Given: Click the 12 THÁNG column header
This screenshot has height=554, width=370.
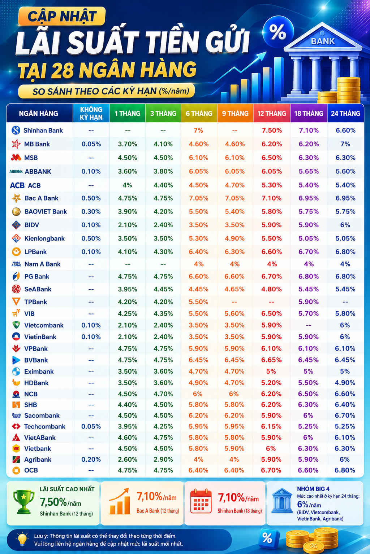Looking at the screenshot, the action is (x=272, y=114).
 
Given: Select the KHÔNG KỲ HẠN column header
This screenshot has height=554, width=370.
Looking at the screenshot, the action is (x=91, y=113).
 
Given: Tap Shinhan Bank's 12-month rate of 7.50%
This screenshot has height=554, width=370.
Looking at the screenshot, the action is (x=272, y=130).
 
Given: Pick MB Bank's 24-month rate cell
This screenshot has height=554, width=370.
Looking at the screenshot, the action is (x=345, y=144).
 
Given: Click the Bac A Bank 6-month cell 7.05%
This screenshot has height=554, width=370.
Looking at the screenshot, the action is (x=198, y=198).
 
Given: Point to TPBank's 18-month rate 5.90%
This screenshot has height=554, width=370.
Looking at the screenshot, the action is (x=309, y=302).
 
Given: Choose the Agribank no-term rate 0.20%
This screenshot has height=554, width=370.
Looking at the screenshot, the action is (x=91, y=459).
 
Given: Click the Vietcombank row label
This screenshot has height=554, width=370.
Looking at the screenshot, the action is (x=44, y=325).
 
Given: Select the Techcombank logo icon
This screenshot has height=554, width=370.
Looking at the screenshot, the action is (x=16, y=426).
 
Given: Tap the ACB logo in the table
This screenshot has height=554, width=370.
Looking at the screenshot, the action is (x=17, y=185).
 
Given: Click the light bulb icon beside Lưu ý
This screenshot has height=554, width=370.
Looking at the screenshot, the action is (x=22, y=539).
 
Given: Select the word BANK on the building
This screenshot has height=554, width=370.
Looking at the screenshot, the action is (x=323, y=41).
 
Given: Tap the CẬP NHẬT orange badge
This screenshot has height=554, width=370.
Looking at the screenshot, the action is (x=62, y=16).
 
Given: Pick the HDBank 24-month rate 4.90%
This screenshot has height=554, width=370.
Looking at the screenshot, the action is (x=345, y=383).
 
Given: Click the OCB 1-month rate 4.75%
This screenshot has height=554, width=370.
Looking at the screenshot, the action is (x=128, y=470).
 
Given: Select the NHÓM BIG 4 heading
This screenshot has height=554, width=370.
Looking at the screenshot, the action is (x=313, y=489).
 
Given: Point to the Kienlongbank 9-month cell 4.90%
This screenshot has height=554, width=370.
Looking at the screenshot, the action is (x=235, y=238).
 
